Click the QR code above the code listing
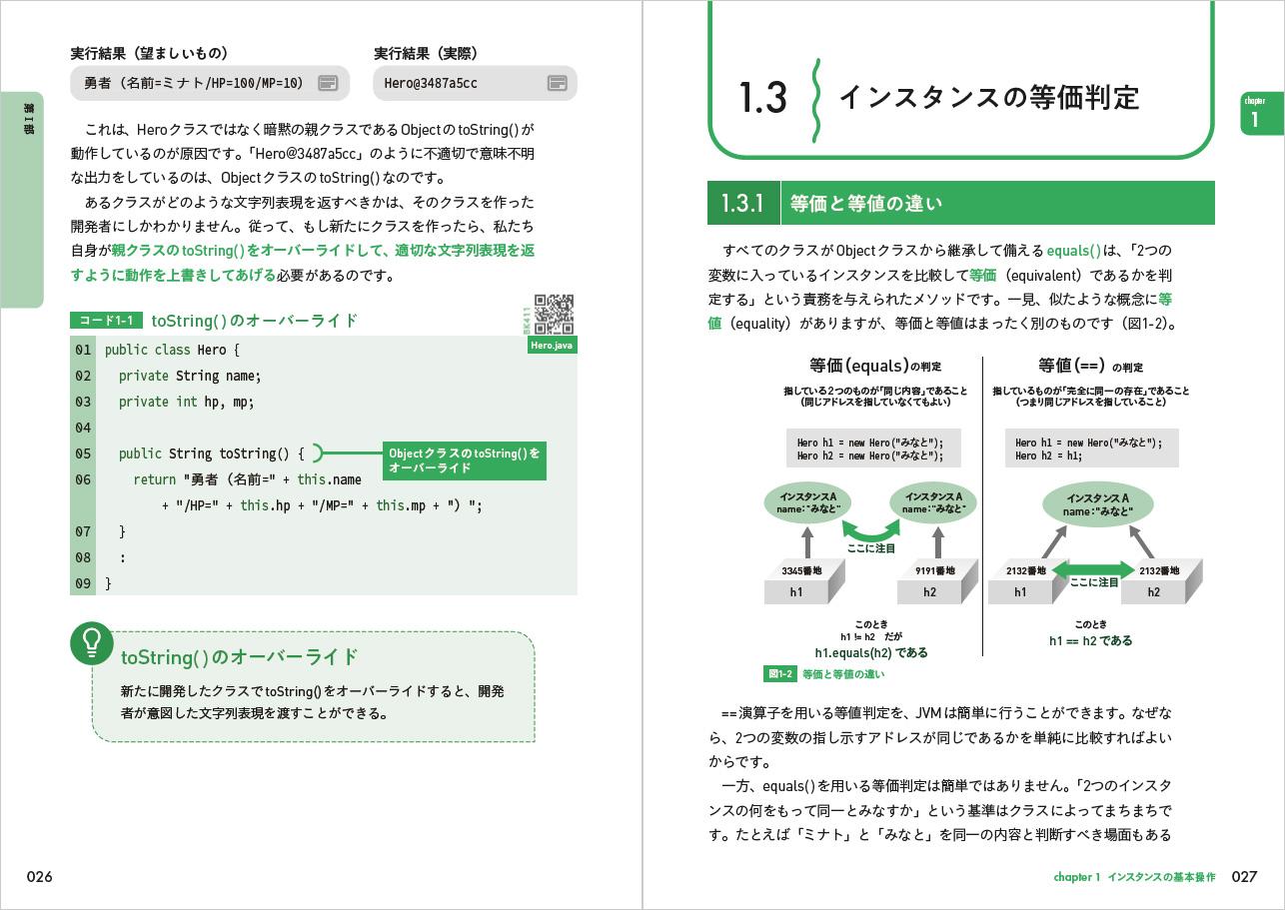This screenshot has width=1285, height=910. coord(554,314)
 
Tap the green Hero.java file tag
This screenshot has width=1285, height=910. coord(553,346)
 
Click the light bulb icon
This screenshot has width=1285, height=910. coord(91,642)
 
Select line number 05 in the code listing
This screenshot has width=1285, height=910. coord(82,454)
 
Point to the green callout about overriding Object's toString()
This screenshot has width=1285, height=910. coord(465,460)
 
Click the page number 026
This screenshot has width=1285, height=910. coord(39,877)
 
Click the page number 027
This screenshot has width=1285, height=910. coord(1244,877)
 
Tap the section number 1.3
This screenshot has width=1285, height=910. coord(763,98)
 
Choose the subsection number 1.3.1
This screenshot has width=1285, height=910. coord(742,204)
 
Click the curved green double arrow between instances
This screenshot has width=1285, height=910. coord(870,528)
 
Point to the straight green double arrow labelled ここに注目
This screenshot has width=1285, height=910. coord(1094,571)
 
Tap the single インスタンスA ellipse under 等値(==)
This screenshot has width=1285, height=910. coord(1096,504)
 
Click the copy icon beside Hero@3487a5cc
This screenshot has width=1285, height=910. coord(558,84)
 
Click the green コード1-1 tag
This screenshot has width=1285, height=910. coord(106,321)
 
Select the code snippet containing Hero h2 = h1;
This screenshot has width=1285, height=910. coord(1091,449)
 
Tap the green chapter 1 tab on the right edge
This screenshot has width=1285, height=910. coord(1254,115)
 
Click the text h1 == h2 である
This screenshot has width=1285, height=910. coord(1090,641)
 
